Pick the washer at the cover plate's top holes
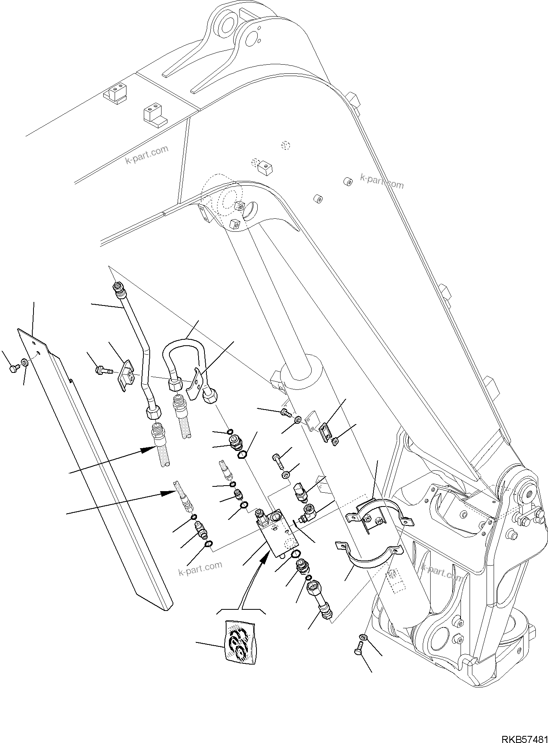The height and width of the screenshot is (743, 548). pos(25,362)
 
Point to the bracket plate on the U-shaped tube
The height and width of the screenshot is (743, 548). pos(195,384)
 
